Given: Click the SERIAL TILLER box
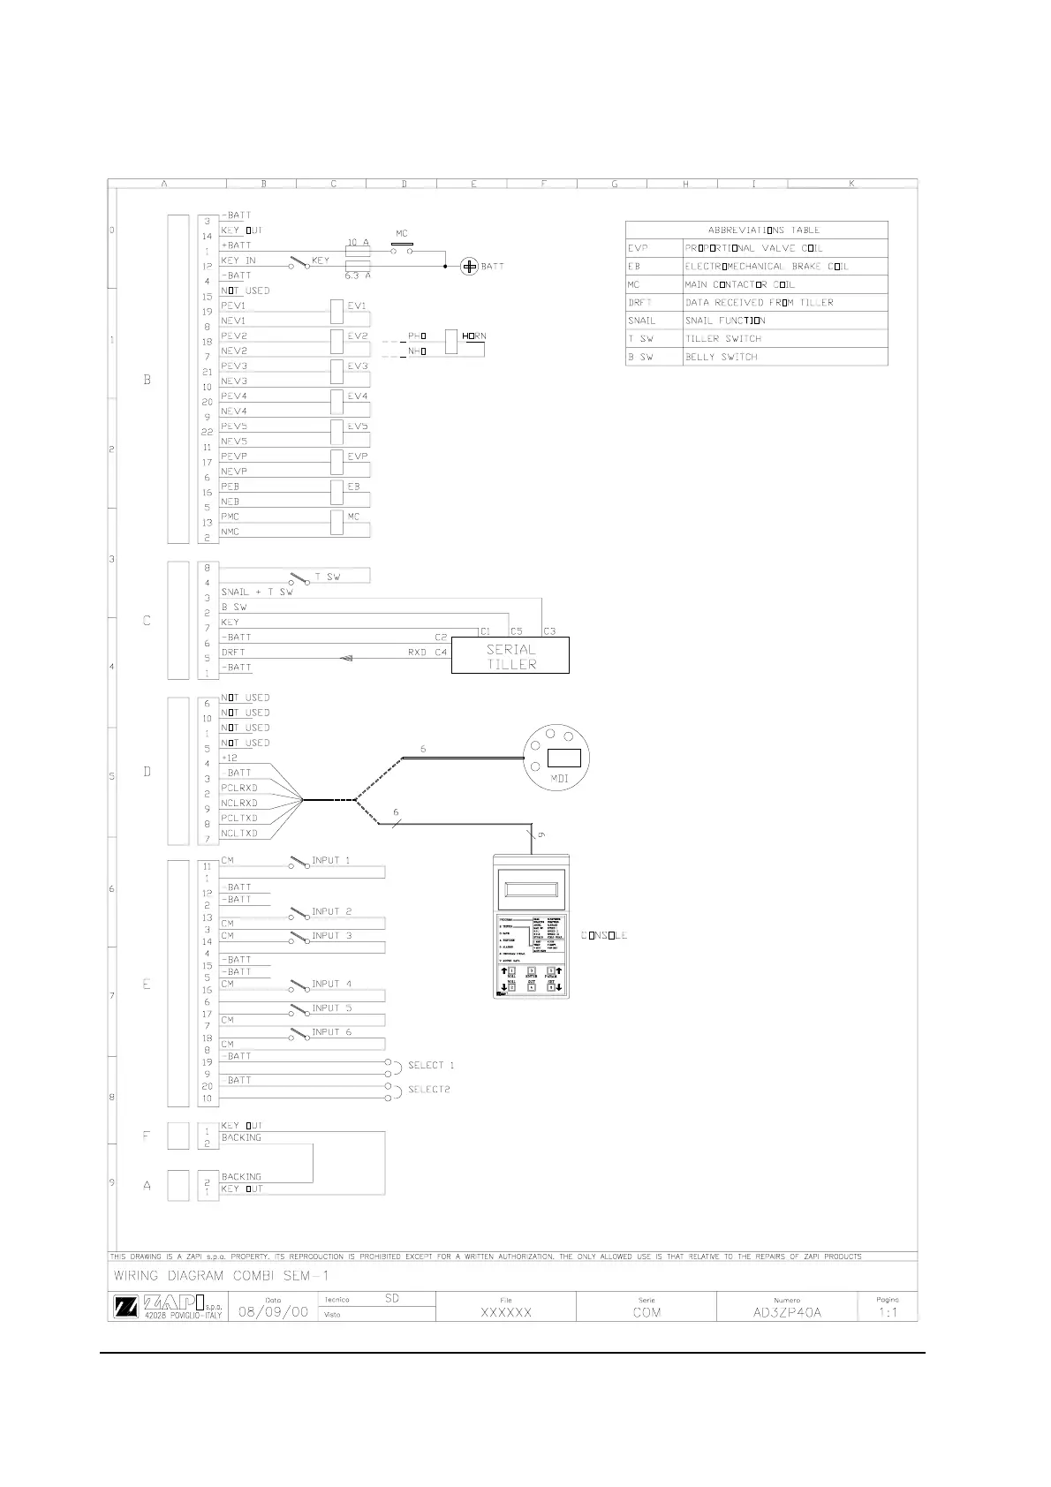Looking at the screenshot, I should pyautogui.click(x=510, y=656).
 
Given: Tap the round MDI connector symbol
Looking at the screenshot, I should pyautogui.click(x=556, y=757).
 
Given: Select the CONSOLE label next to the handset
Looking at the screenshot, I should pyautogui.click(x=604, y=935).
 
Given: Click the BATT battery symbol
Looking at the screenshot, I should pyautogui.click(x=470, y=266).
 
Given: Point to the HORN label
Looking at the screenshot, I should pyautogui.click(x=474, y=336).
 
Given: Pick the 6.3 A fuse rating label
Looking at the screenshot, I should pyautogui.click(x=357, y=276).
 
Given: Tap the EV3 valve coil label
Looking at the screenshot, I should pyautogui.click(x=357, y=366).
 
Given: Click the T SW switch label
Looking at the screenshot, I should pyautogui.click(x=328, y=577).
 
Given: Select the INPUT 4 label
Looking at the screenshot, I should pyautogui.click(x=331, y=984).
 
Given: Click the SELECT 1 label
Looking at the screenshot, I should pyautogui.click(x=431, y=1065).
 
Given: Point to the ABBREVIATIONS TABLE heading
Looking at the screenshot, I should pyautogui.click(x=763, y=230).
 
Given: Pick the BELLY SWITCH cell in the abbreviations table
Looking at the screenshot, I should pyautogui.click(x=722, y=357).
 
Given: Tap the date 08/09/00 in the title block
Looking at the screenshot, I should pyautogui.click(x=274, y=1312).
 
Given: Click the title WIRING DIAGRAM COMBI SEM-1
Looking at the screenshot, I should pyautogui.click(x=222, y=1276).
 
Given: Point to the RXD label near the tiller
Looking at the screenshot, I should pyautogui.click(x=417, y=653).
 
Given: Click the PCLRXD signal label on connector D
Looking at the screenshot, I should pyautogui.click(x=239, y=788).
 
